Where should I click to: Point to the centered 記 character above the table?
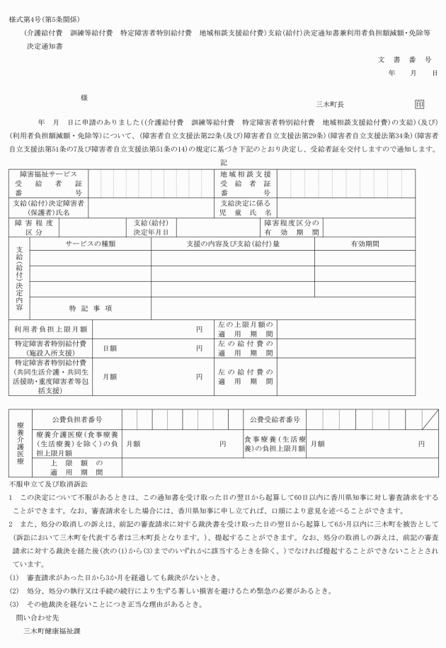pos(224,162)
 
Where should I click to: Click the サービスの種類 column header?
pos(91,244)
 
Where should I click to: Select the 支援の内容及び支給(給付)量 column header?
pos(233,244)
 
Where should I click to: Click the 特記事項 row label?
pos(91,309)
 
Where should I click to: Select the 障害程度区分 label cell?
pos(34,227)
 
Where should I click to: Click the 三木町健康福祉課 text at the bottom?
pos(53,630)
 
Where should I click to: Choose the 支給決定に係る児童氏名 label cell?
pos(246,208)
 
